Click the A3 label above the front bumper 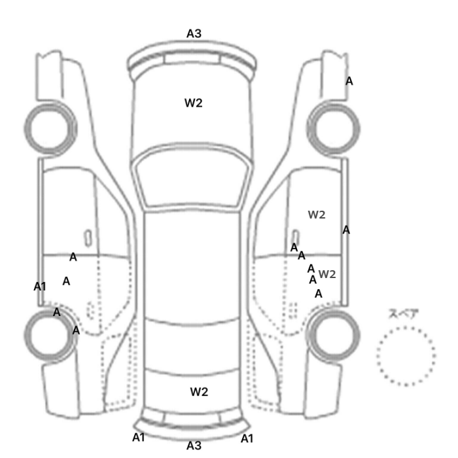click(194, 33)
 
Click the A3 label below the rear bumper click(194, 446)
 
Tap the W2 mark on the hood click(194, 103)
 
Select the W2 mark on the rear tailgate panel click(199, 392)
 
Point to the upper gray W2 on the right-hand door click(317, 215)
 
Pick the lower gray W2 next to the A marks click(327, 274)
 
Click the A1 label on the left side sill click(40, 287)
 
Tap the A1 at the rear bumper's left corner click(139, 438)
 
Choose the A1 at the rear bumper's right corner click(247, 438)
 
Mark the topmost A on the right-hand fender click(349, 81)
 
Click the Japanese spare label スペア click(403, 313)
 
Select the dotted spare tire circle click(406, 356)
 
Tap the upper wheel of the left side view click(50, 129)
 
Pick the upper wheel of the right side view click(333, 129)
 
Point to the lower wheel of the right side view click(334, 335)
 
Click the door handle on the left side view click(88, 238)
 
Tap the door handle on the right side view click(296, 237)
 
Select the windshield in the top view click(192, 177)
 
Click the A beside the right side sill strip click(346, 230)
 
